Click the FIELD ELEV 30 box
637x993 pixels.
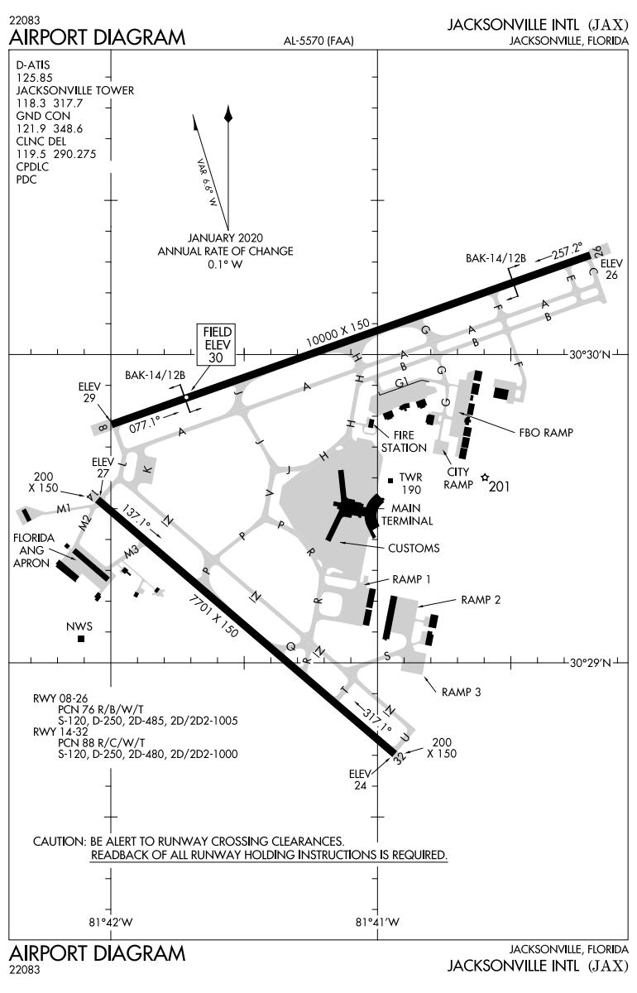pyautogui.click(x=215, y=343)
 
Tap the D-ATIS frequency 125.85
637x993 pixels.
pyautogui.click(x=34, y=77)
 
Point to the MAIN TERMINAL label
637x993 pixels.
pyautogui.click(x=412, y=514)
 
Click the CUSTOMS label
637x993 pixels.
pyautogui.click(x=414, y=548)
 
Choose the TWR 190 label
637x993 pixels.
pyautogui.click(x=411, y=484)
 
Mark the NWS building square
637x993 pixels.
pyautogui.click(x=81, y=639)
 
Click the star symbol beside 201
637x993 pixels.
pyautogui.click(x=485, y=478)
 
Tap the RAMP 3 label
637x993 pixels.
pyautogui.click(x=461, y=692)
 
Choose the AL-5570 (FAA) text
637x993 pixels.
pyautogui.click(x=318, y=41)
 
